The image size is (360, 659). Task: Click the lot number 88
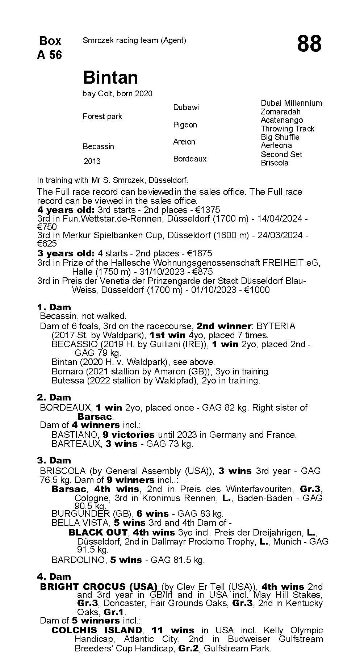coord(309,44)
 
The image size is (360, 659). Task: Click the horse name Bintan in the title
coord(110,77)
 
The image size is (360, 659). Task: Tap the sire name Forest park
coord(102,117)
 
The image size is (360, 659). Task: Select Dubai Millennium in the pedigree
coord(291,103)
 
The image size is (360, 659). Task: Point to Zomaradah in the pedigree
coord(280,112)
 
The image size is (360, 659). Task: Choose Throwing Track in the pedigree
coord(288,129)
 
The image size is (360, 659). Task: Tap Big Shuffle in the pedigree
coord(280,137)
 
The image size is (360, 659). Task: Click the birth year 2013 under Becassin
coord(92,161)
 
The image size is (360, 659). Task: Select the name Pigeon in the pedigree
coord(185,125)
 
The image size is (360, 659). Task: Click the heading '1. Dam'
coord(54,307)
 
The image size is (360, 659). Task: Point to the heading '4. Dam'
coord(54,576)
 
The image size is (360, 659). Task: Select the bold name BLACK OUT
coord(98,533)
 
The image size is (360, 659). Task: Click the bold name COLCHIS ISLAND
coord(97,630)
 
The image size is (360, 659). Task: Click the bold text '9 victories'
coord(129,435)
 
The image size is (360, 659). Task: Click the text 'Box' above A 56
coord(50,41)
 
